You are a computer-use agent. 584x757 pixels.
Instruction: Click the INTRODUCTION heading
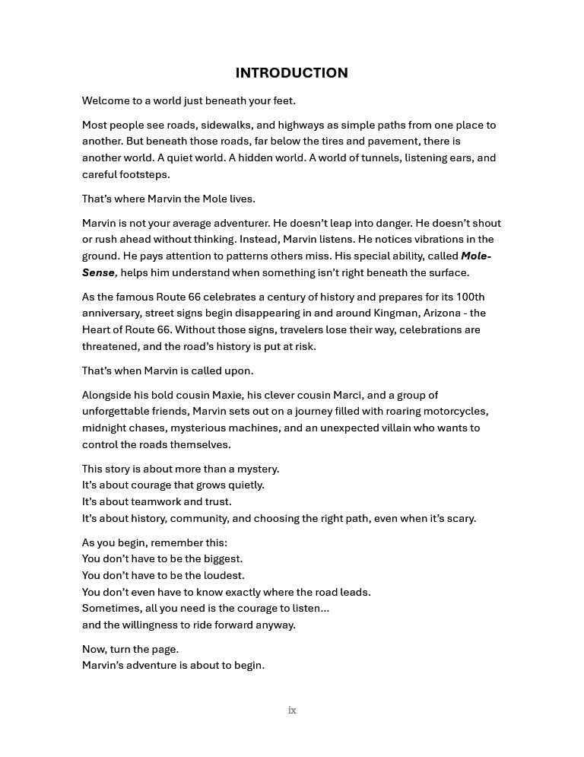pyautogui.click(x=291, y=73)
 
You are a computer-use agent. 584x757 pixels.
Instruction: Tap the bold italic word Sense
pyautogui.click(x=98, y=273)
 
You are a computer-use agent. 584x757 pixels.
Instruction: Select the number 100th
pyautogui.click(x=469, y=297)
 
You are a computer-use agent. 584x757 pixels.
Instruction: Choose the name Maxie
pyautogui.click(x=239, y=395)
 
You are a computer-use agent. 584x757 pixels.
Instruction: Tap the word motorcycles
pyautogui.click(x=455, y=412)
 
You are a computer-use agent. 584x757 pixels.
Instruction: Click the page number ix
pyautogui.click(x=292, y=711)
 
